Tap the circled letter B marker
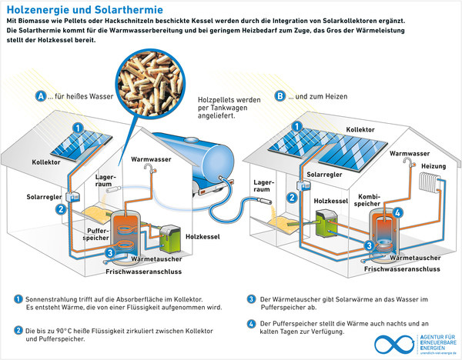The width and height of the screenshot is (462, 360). click(x=280, y=96)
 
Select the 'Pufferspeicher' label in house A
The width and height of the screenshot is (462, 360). click(x=79, y=235)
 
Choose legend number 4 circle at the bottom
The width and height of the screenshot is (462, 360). click(x=251, y=323)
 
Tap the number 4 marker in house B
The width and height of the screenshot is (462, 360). click(x=397, y=213)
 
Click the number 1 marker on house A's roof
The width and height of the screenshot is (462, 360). click(x=77, y=127)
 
